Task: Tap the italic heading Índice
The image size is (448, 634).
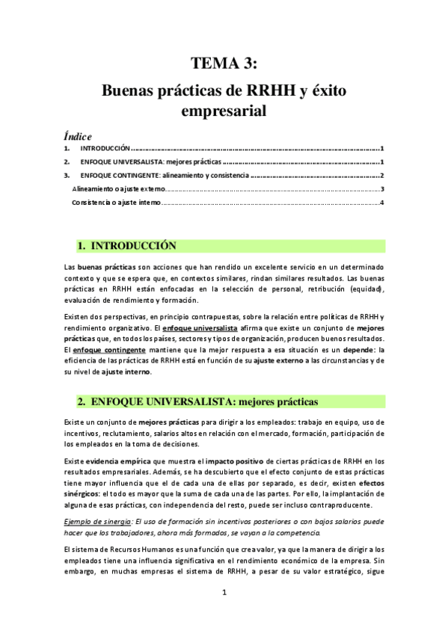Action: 77,136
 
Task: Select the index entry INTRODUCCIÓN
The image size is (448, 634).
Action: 105,149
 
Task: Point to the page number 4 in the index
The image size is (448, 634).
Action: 381,203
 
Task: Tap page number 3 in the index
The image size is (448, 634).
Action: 381,189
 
